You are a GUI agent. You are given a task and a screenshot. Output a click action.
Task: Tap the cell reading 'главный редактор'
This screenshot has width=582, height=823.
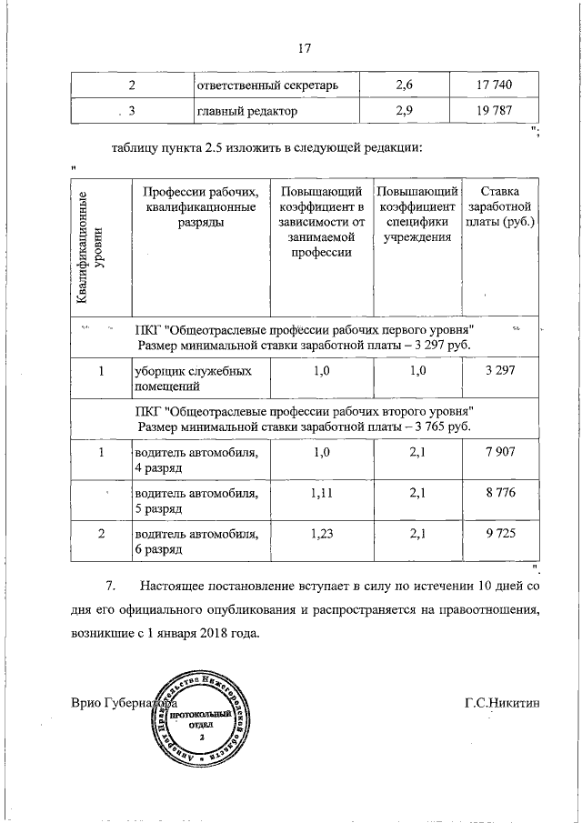(247, 112)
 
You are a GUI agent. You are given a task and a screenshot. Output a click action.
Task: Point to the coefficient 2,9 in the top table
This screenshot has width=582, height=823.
(405, 112)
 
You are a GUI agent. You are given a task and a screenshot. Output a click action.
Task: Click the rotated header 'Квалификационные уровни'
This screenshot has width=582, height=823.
(89, 247)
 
